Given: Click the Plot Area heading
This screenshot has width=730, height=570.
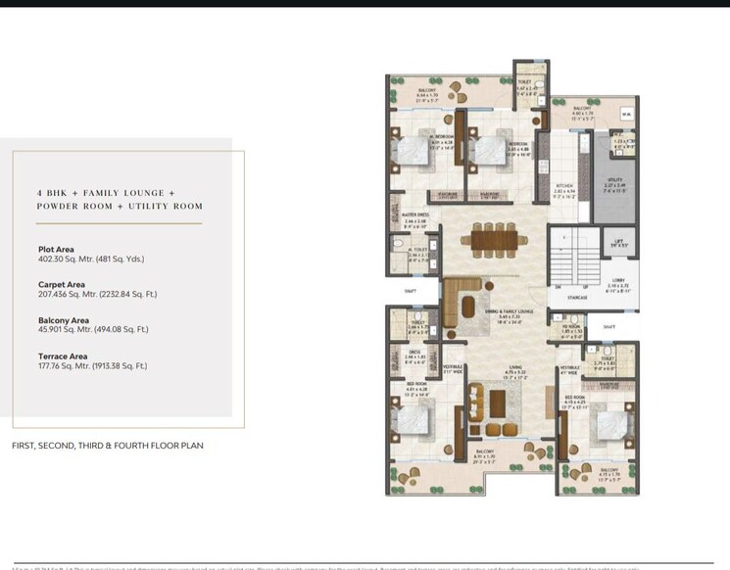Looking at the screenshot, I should [56, 249].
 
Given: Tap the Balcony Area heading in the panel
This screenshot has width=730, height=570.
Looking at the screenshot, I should [64, 320].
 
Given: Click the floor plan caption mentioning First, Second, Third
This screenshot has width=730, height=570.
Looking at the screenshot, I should [108, 446].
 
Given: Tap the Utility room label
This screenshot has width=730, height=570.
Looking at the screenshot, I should [615, 183].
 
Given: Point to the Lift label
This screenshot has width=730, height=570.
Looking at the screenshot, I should [618, 241].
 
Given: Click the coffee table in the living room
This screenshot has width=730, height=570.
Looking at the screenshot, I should [498, 401].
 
